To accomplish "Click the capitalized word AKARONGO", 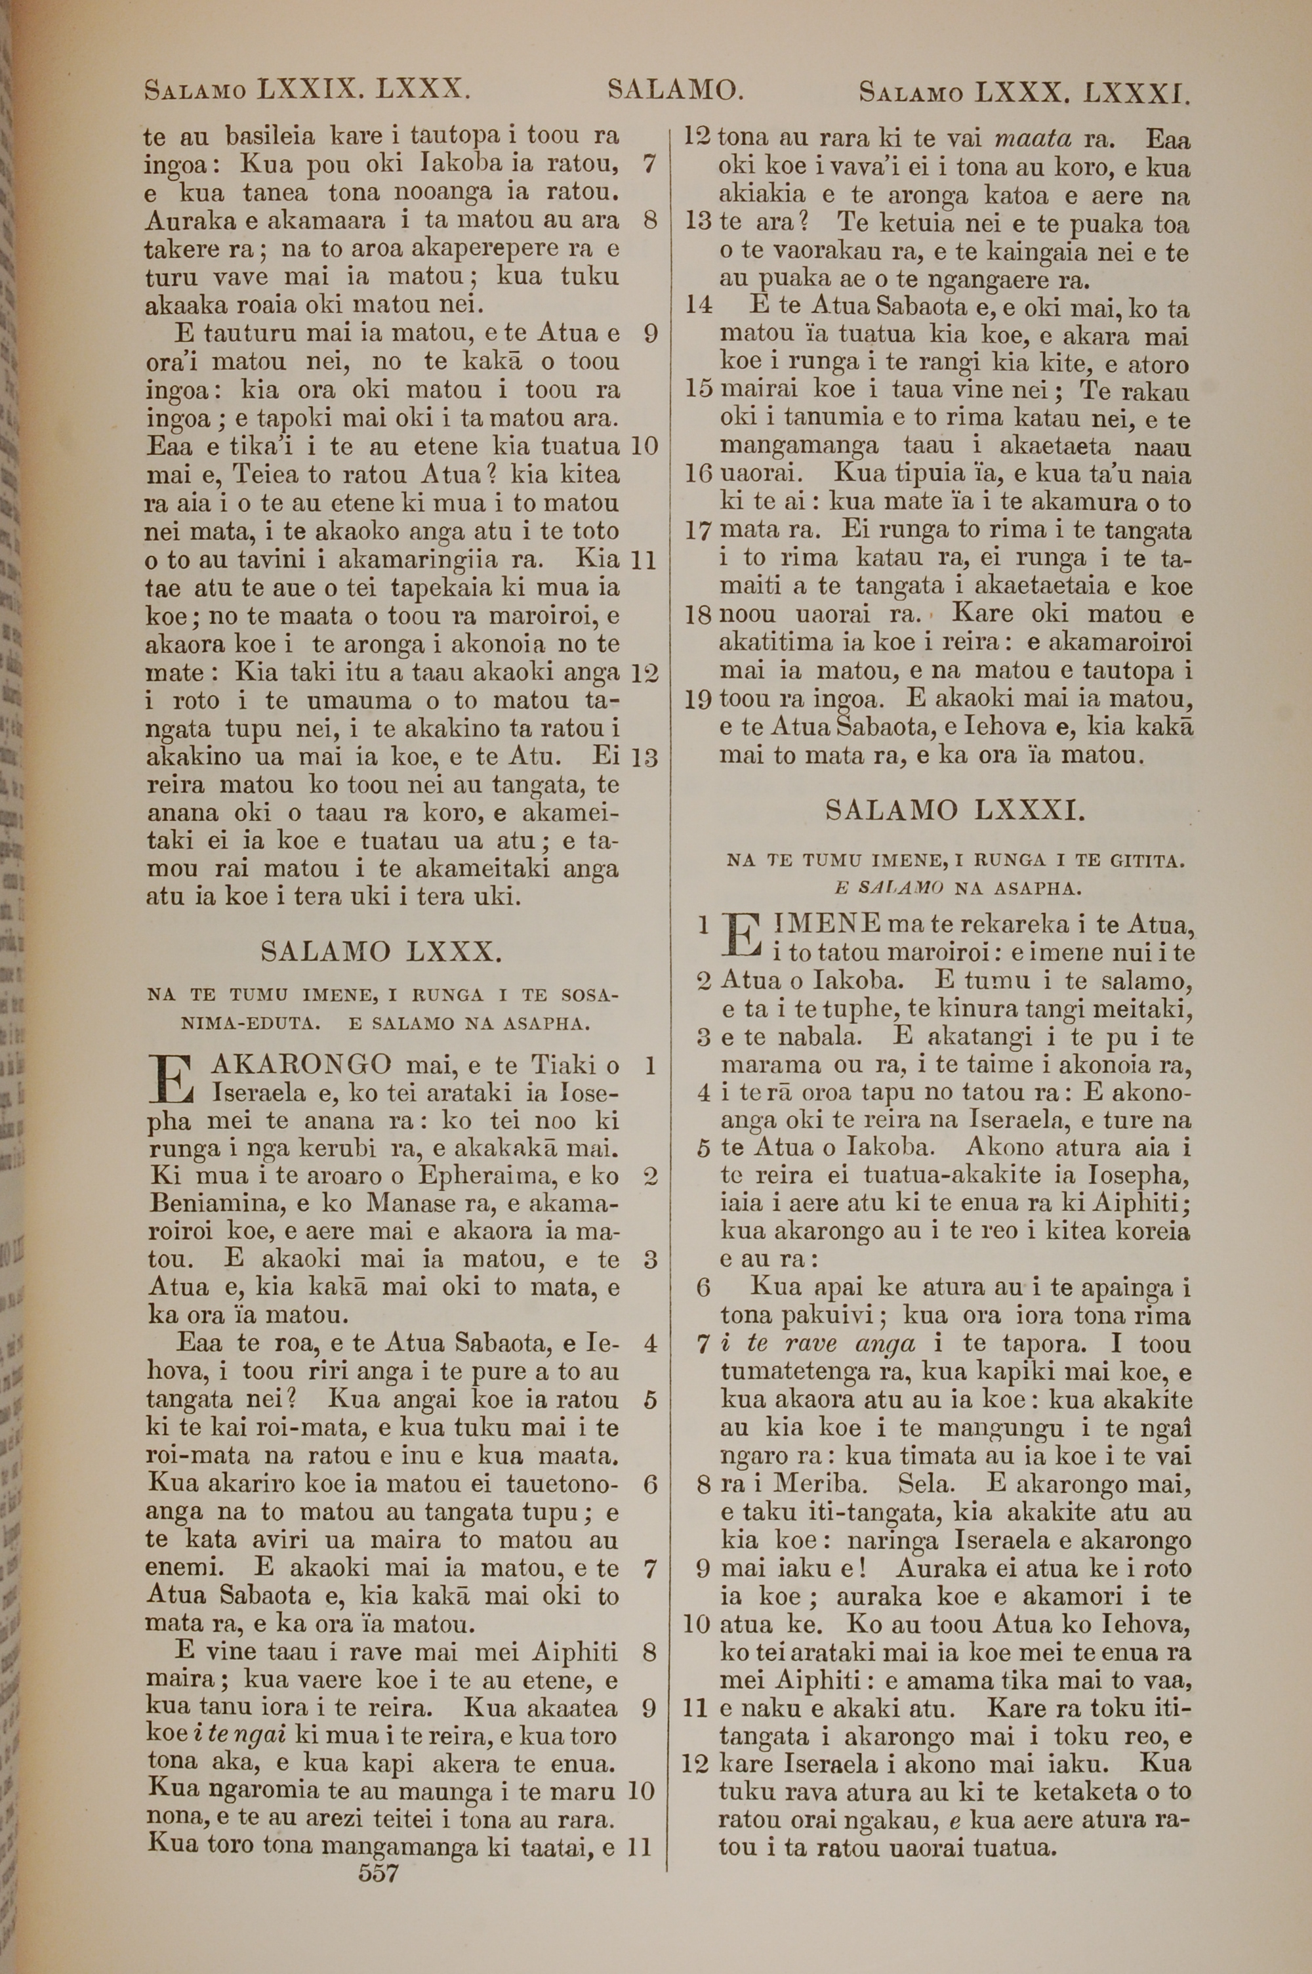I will coord(302,1065).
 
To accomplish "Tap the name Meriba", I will coord(821,1484).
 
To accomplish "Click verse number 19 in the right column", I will coord(699,700).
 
